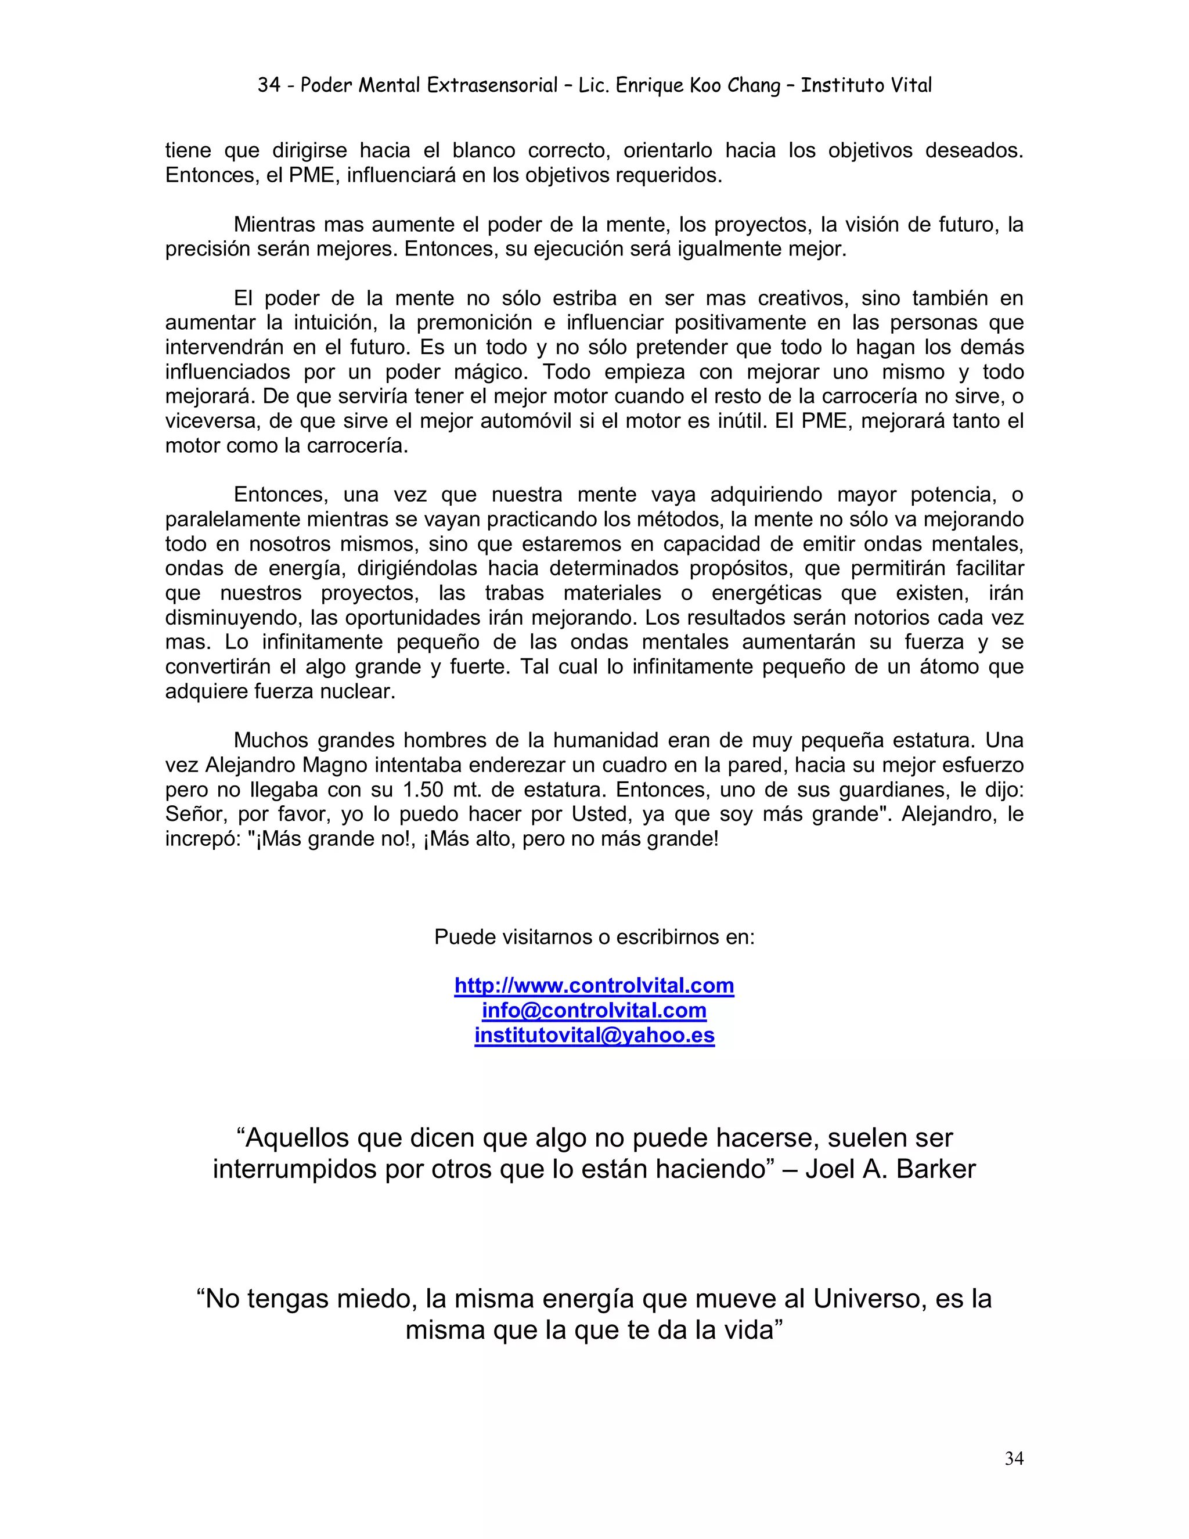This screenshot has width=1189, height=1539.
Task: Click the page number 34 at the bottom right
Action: pyautogui.click(x=1014, y=1459)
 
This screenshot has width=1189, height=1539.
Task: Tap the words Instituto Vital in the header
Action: pyautogui.click(x=866, y=85)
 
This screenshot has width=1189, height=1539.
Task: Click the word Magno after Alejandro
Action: pyautogui.click(x=335, y=765)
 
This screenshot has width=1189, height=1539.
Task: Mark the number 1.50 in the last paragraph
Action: pyautogui.click(x=425, y=790)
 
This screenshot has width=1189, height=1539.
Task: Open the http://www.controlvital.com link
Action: pyautogui.click(x=594, y=985)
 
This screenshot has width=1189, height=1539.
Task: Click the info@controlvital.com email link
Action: pyautogui.click(x=594, y=1011)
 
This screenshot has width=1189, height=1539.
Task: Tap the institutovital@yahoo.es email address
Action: pyautogui.click(x=594, y=1035)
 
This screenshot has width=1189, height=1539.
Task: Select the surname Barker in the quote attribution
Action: pyautogui.click(x=936, y=1169)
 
